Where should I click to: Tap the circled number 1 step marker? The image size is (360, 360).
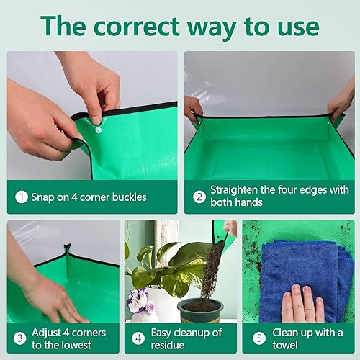click(22, 197)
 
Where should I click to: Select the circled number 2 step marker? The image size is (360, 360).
click(199, 197)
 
